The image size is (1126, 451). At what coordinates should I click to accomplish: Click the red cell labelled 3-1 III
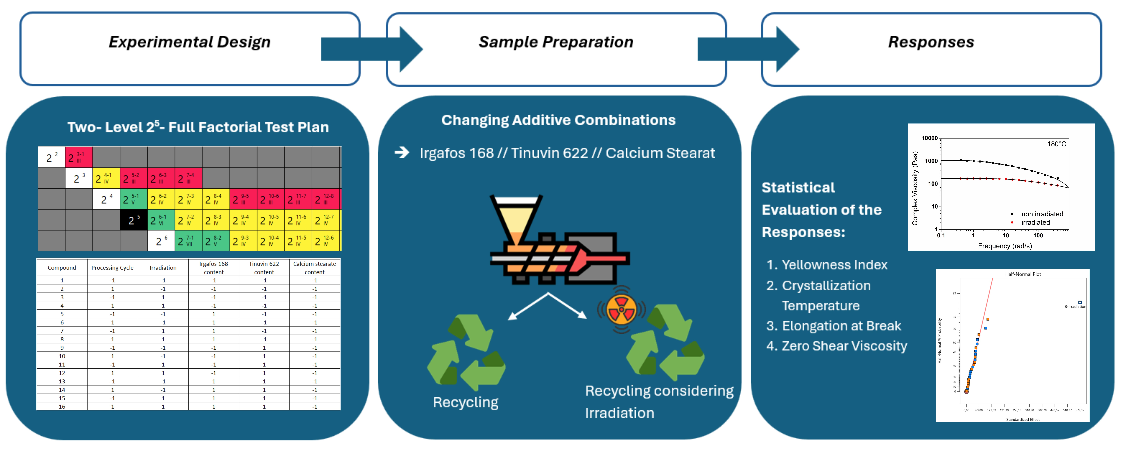79,157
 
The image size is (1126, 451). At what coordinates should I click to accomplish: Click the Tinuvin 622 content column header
264,268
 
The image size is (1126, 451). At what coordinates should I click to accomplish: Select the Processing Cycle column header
112,268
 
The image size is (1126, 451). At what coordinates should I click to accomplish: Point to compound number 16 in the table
62,406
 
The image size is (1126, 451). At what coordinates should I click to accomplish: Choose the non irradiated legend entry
1042,214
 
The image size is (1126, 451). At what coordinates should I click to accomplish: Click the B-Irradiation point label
1075,306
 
